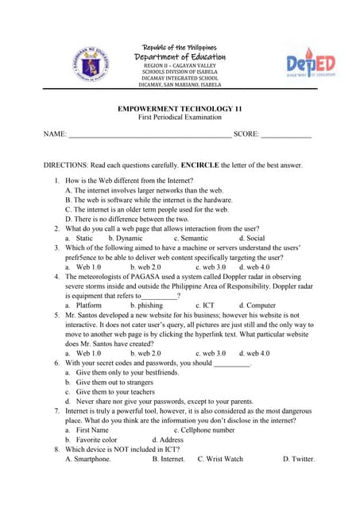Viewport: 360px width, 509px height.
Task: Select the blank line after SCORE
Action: pos(286,135)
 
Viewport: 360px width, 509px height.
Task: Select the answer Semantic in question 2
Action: pos(191,238)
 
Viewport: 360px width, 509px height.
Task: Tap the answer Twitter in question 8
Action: pos(299,459)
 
